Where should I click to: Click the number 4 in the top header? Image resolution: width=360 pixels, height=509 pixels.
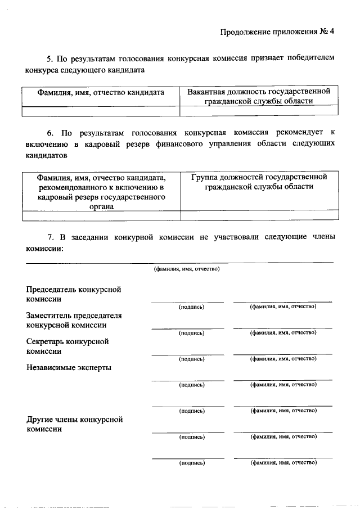pos(332,31)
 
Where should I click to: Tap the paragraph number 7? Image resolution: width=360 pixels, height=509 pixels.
pos(49,237)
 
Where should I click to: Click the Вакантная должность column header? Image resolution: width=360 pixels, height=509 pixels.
pos(259,96)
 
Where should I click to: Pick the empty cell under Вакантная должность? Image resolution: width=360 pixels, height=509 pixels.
pos(259,111)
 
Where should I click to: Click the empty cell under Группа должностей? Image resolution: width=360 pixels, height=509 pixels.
pos(259,215)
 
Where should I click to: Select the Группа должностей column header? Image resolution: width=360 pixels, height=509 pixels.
pos(259,182)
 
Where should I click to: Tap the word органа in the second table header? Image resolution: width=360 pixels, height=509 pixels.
pos(101,206)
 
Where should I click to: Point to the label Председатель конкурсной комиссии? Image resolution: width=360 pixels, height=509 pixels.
pos(74,294)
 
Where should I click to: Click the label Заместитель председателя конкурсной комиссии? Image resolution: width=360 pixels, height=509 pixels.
pos(74,320)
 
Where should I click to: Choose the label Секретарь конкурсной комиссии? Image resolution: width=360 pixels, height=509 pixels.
pos(67,346)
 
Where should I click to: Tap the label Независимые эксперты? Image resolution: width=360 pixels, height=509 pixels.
pos(69,367)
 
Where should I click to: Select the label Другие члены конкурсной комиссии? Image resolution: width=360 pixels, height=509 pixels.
pos(74,424)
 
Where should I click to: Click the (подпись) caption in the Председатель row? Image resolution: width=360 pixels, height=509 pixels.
pos(191,307)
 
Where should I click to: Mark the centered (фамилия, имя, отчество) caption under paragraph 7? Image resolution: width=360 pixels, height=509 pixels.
pos(187,269)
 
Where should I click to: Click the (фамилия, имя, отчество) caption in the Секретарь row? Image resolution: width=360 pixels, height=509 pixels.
pos(283,358)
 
